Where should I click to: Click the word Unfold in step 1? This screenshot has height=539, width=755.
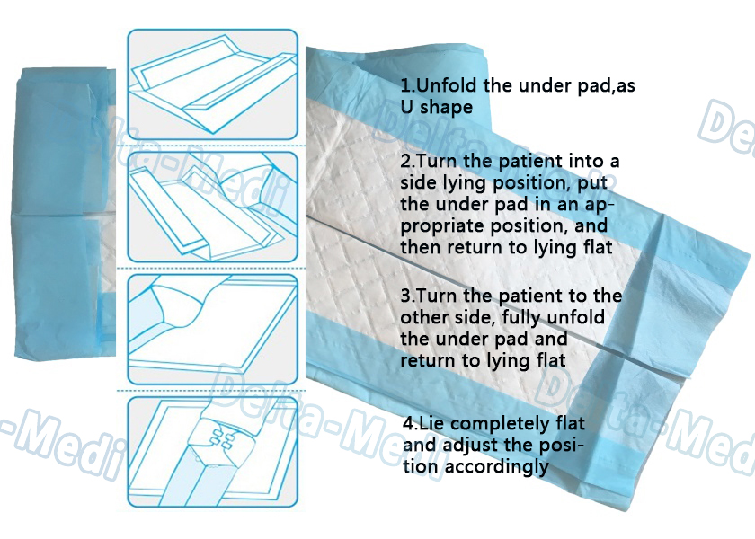click(x=447, y=85)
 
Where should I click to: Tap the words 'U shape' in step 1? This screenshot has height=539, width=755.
click(x=437, y=107)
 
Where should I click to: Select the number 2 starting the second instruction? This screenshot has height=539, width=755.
click(x=405, y=161)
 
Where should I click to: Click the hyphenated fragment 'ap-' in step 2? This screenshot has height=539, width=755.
click(x=600, y=206)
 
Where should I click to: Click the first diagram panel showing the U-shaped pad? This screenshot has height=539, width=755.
click(x=212, y=84)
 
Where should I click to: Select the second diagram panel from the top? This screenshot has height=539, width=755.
click(x=212, y=207)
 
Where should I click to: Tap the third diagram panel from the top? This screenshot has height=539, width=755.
click(x=212, y=330)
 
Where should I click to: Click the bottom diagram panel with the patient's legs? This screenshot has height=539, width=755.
click(x=212, y=453)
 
